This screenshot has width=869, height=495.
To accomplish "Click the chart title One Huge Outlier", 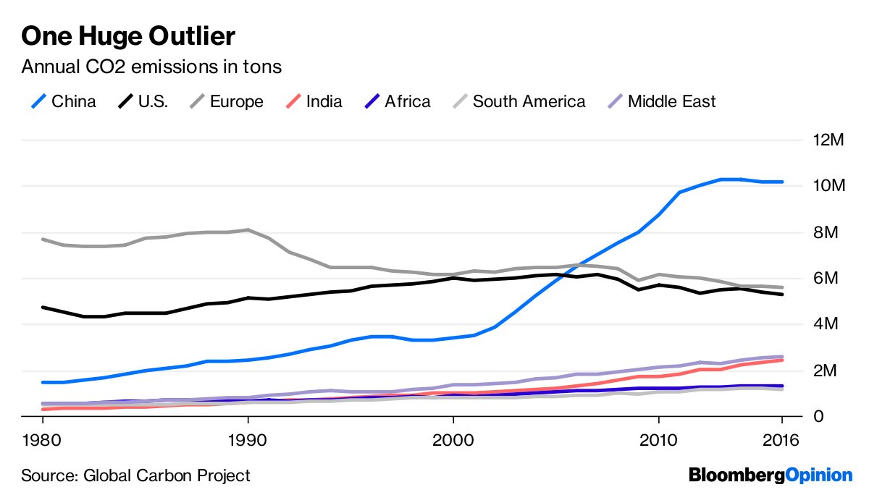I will tap(129, 35).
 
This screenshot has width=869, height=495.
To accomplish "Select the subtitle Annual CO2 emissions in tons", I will tap(151, 67).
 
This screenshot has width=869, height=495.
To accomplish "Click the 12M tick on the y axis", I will tap(828, 140).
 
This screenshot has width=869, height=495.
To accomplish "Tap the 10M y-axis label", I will tap(828, 186).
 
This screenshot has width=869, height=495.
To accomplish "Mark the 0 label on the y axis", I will tap(819, 417).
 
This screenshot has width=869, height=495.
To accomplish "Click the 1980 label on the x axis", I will tap(41, 440).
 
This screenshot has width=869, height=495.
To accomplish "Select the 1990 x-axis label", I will tap(248, 440).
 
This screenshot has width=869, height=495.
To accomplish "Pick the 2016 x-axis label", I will tap(783, 440).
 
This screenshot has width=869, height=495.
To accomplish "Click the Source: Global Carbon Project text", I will tap(135, 475).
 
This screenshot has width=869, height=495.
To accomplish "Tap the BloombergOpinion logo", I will tap(771, 475).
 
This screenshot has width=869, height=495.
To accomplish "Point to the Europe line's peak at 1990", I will tap(248, 230).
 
